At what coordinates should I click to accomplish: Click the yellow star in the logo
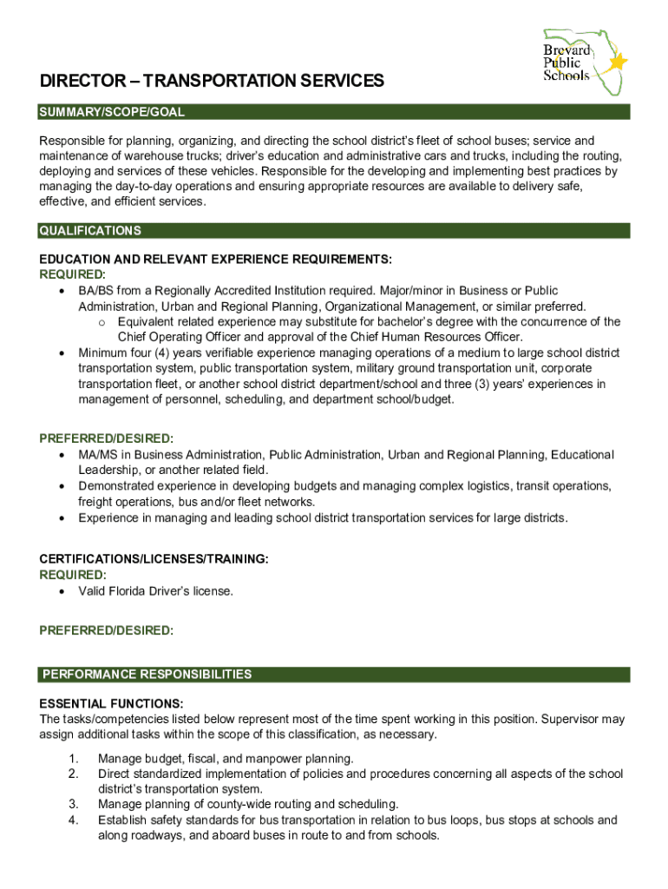point(618,63)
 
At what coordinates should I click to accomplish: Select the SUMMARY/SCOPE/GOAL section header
point(112,113)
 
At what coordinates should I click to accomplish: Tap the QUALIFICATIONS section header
point(90,231)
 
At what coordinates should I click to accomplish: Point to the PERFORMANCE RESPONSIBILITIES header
point(147,675)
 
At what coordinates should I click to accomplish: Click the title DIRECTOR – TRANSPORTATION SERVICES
point(212,82)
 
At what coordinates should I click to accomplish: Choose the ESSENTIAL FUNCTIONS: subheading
point(111,703)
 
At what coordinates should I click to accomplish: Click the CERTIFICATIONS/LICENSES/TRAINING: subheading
point(154,560)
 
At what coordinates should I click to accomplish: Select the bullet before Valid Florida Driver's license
point(62,591)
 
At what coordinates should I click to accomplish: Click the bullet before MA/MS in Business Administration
point(62,455)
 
